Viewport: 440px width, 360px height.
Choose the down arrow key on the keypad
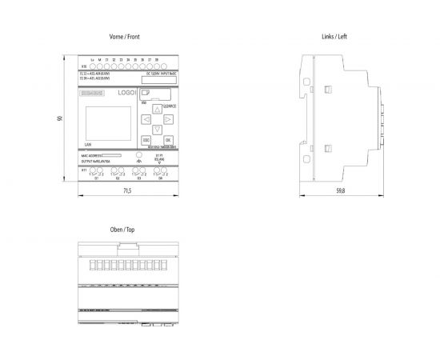(158, 130)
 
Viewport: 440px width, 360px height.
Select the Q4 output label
(160, 178)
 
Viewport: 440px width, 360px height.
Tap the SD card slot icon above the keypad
(145, 94)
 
